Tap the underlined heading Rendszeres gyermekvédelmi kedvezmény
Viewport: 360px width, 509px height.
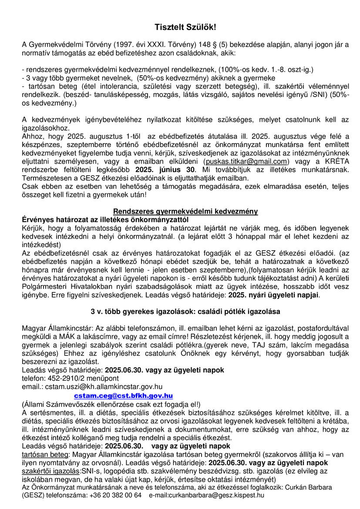(185, 211)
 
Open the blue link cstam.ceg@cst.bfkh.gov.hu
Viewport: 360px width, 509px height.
(123, 395)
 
